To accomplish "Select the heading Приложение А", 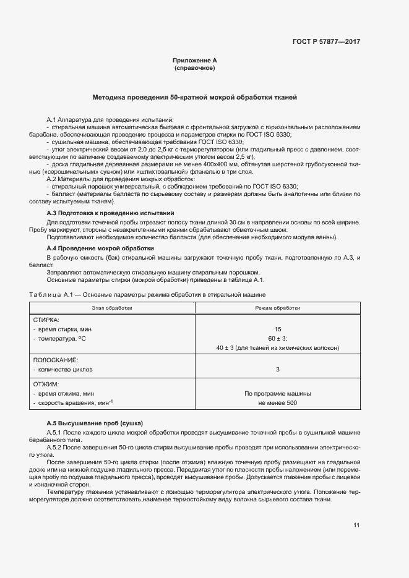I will pos(195,61).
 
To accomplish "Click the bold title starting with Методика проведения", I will pos(195,97).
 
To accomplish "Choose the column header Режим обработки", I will pos(278,307).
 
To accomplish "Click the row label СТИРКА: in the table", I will pos(46,320).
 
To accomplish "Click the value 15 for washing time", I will pos(278,329).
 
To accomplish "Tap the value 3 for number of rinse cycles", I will pos(278,369).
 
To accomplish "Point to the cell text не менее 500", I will pos(278,403).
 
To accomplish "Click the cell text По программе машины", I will pos(278,393).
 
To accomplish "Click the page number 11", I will pos(356,525).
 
